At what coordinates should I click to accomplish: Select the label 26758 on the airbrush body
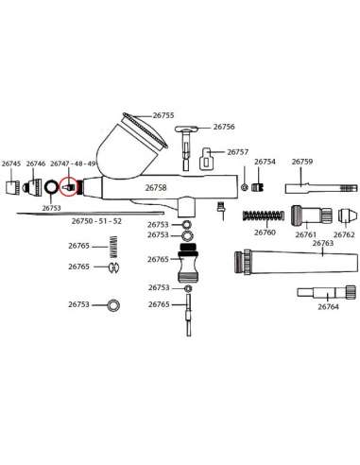(x=156, y=188)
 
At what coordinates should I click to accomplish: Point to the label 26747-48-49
(x=72, y=164)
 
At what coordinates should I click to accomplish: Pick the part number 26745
(x=11, y=164)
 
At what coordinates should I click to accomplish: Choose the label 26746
(x=36, y=164)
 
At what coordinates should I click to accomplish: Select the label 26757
(x=238, y=152)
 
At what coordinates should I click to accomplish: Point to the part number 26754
(x=266, y=163)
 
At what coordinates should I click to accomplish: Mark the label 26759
(x=301, y=163)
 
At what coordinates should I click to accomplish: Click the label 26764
(x=328, y=307)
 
